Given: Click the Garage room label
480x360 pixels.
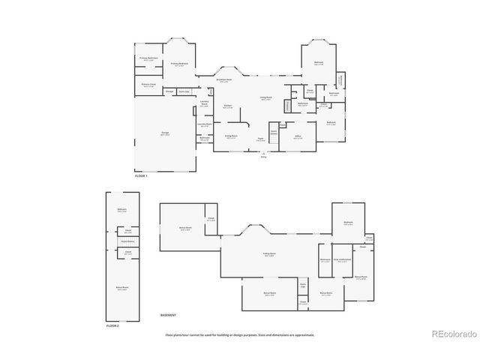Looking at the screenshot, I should pyautogui.click(x=164, y=133).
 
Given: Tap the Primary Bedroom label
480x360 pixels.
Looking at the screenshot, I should pyautogui.click(x=178, y=64).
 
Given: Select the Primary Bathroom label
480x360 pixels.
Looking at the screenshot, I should pyautogui.click(x=148, y=58).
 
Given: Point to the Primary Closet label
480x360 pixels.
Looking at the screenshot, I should pyautogui.click(x=148, y=85).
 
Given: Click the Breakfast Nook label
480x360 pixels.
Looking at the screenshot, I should pyautogui.click(x=223, y=79).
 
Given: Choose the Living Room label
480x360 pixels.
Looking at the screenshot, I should pyautogui.click(x=266, y=98).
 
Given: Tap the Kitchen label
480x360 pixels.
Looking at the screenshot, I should pyautogui.click(x=228, y=106).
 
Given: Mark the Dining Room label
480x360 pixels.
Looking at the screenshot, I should pyautogui.click(x=232, y=136).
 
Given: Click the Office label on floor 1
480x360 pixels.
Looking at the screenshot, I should pyautogui.click(x=298, y=137).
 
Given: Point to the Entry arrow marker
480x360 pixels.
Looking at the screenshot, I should pyautogui.click(x=263, y=153).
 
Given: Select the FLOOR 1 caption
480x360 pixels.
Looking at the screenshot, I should pyautogui.click(x=141, y=175).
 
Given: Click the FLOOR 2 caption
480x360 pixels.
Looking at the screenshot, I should pyautogui.click(x=112, y=326).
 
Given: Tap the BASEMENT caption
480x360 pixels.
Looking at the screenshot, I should pyautogui.click(x=169, y=314).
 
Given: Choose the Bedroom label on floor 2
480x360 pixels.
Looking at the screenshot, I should pyautogui.click(x=121, y=210).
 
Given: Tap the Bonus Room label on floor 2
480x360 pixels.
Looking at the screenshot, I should pyautogui.click(x=122, y=288).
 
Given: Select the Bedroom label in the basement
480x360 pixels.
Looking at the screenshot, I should pyautogui.click(x=348, y=223).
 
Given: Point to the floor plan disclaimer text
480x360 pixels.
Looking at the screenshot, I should pyautogui.click(x=240, y=334).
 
